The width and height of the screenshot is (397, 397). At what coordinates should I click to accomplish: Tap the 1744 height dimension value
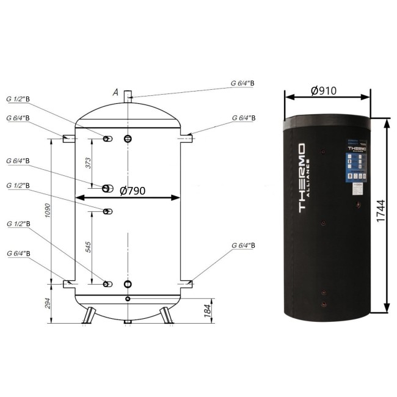[x=382, y=215]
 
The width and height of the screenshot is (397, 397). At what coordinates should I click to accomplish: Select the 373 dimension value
[x=88, y=162]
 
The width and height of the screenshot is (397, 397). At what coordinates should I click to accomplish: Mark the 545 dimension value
[x=88, y=246]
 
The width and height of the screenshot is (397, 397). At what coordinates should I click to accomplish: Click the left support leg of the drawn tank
[x=89, y=315]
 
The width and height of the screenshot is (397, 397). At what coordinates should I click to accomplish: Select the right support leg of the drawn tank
[x=166, y=315]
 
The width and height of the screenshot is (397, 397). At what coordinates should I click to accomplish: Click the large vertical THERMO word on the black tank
[x=300, y=178]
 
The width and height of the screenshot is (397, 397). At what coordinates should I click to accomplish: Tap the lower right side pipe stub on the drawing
[x=186, y=283]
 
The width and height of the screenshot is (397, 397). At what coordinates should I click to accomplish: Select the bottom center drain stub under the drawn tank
[x=127, y=321]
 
